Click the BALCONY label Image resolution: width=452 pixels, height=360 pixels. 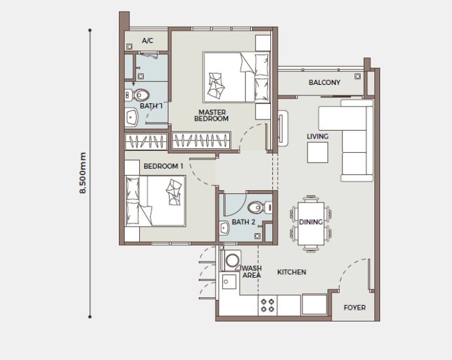[325, 82]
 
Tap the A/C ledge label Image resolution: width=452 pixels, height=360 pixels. [147, 41]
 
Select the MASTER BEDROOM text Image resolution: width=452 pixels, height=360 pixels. [213, 116]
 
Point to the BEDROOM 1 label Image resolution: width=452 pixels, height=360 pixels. [163, 167]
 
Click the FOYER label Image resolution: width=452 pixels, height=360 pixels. [355, 308]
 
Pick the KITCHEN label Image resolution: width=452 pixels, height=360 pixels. [292, 272]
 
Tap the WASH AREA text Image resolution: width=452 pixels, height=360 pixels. [252, 272]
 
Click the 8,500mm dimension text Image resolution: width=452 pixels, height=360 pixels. [83, 173]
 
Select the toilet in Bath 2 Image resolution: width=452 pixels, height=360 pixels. [257, 207]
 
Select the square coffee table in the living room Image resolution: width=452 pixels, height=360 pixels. [318, 153]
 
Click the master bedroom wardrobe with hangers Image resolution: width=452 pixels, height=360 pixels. [202, 140]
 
